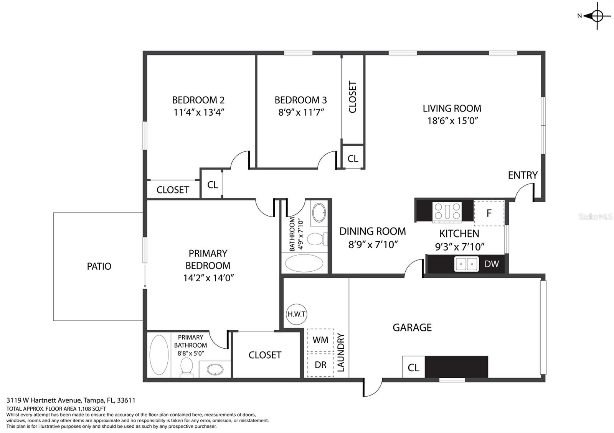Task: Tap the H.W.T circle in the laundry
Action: pos(296,314)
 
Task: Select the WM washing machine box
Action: pos(320,340)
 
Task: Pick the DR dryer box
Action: pos(320,365)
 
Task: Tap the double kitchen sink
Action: pos(467,264)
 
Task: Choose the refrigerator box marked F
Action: pos(489,213)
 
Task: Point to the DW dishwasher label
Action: pos(492,264)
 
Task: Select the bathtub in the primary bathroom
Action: pos(159,355)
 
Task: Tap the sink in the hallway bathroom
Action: pos(319,212)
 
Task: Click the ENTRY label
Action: pos(523,175)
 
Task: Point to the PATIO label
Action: pos(99,266)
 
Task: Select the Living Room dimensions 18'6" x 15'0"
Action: pos(452,121)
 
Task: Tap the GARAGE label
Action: pos(412,328)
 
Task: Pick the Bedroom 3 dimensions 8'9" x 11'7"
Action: pos(301,112)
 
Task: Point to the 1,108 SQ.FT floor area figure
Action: pos(92,409)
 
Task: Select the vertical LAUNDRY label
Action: pos(340,353)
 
